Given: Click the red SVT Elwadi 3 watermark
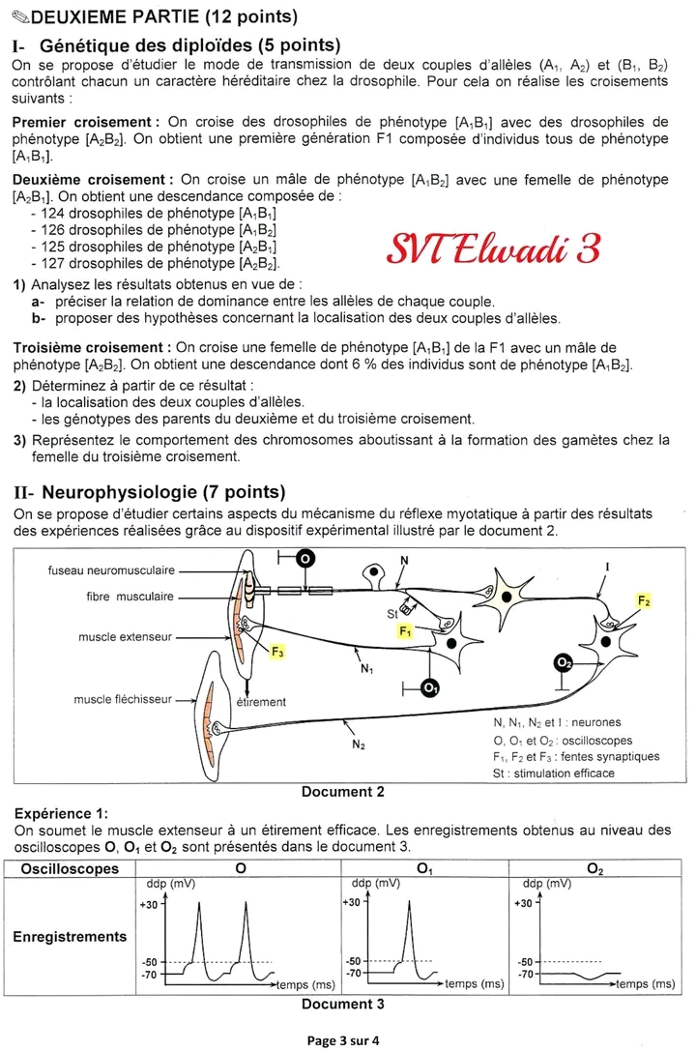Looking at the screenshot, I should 494,248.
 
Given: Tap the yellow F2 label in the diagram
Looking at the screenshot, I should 645,600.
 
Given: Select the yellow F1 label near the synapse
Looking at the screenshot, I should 406,630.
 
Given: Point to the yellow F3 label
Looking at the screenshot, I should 277,654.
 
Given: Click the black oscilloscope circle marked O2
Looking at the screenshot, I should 565,662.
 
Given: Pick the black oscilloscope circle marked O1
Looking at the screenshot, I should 431,688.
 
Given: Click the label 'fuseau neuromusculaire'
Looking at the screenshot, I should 109,570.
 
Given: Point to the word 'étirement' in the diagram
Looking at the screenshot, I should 261,702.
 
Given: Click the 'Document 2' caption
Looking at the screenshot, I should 343,792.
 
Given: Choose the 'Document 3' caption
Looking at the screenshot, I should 343,1004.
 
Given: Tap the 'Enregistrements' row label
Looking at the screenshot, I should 70,936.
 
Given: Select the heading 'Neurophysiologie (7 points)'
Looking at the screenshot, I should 163,491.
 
